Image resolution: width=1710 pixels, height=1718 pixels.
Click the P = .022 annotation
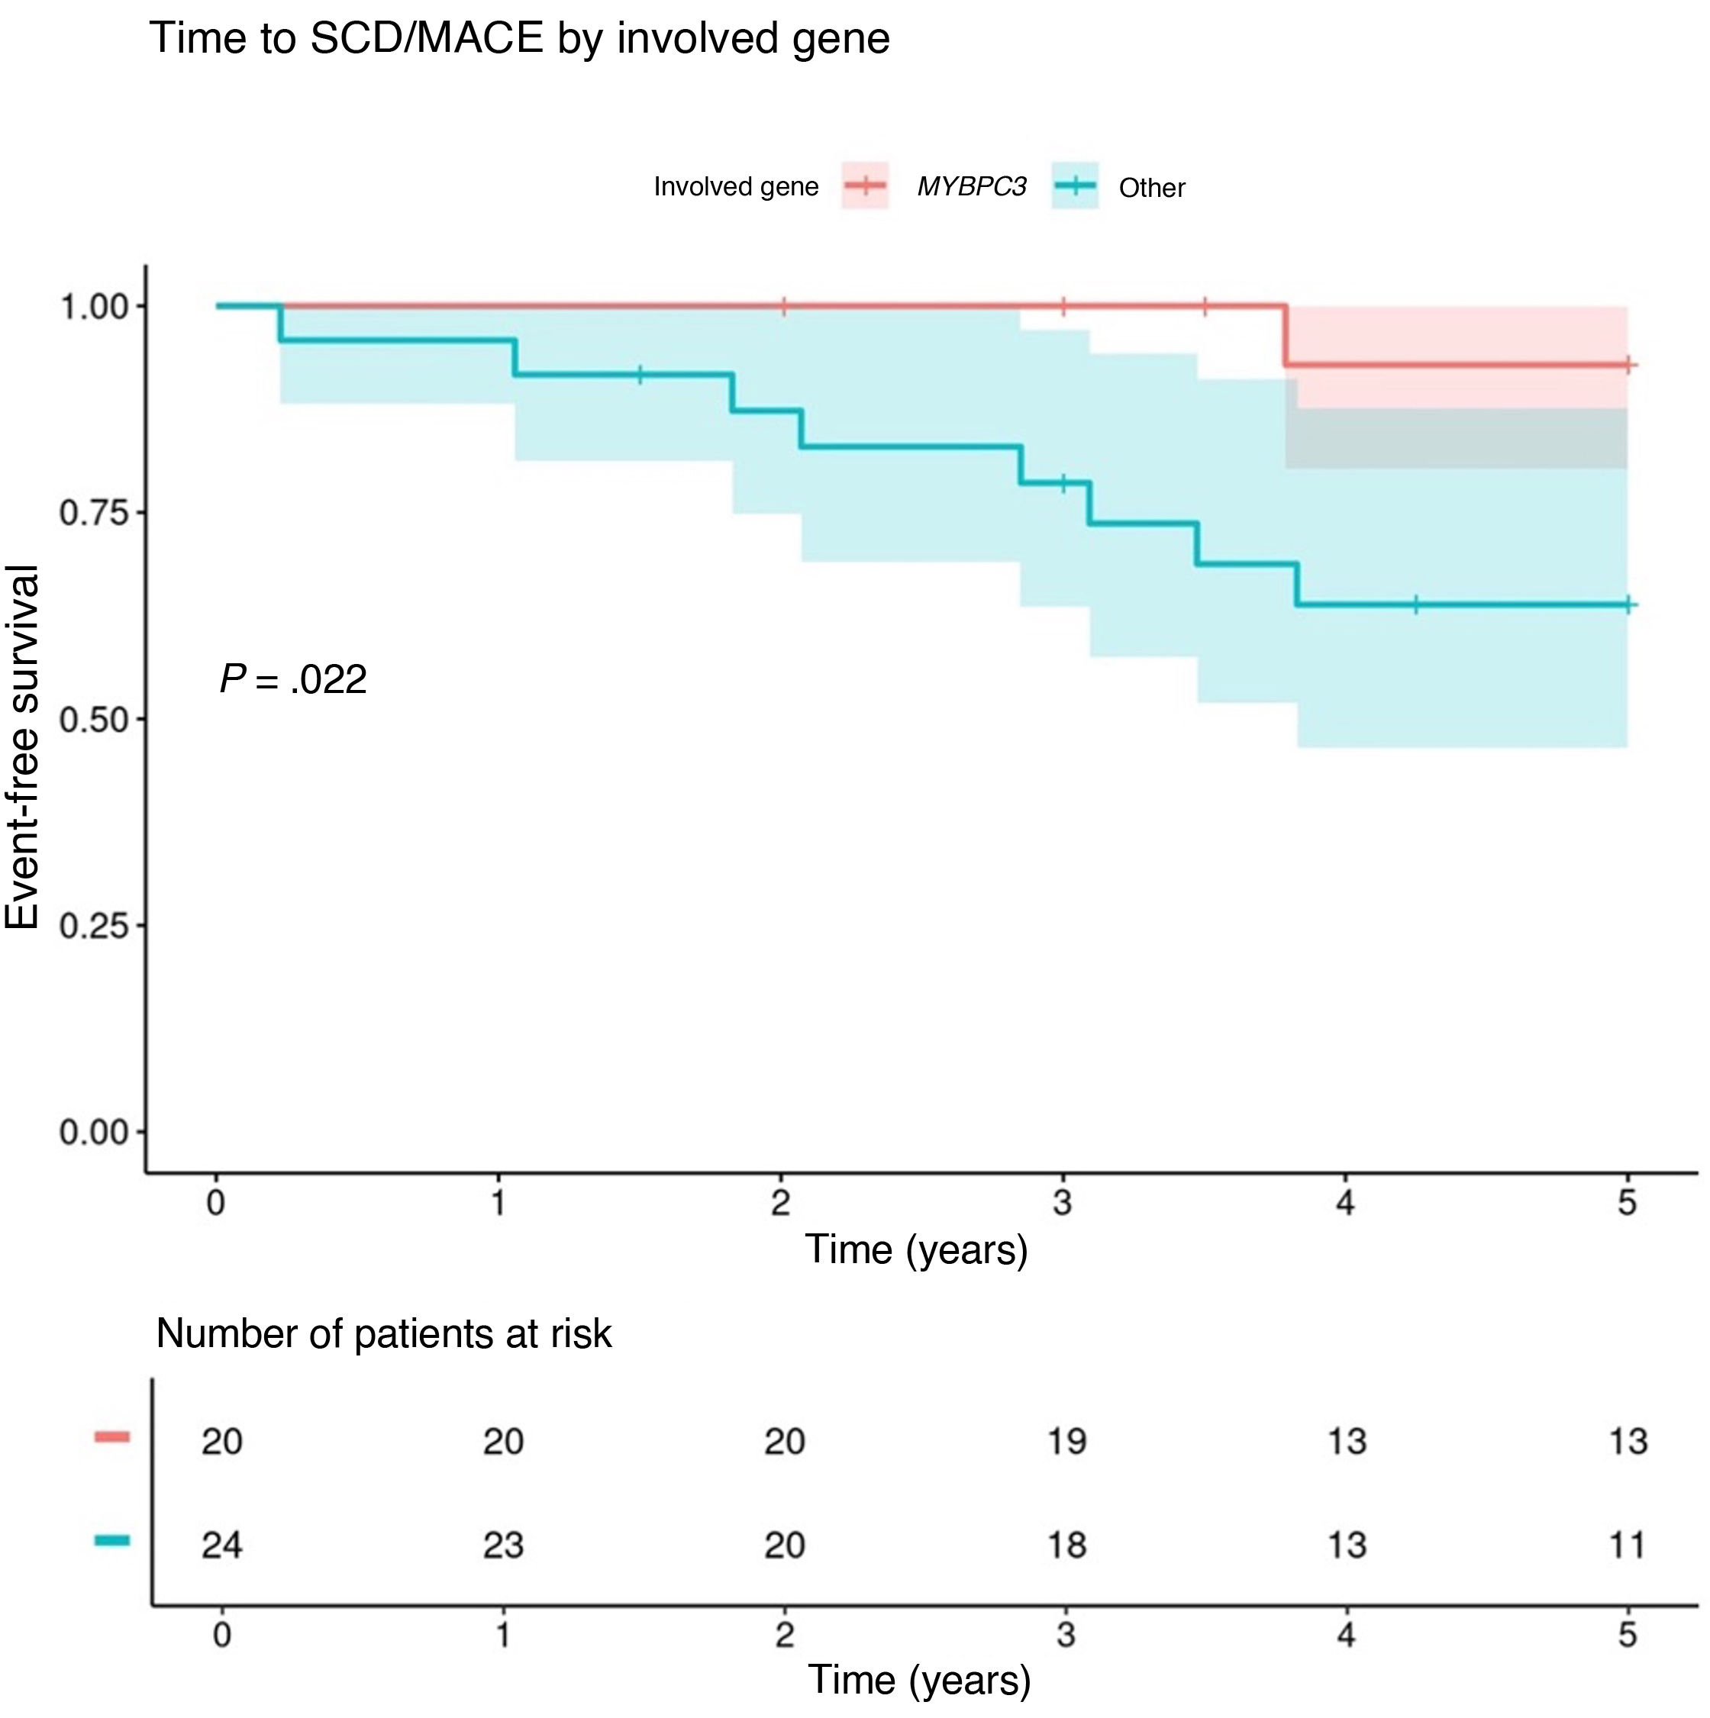[x=292, y=680]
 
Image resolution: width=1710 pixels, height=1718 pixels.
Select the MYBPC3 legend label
[x=971, y=187]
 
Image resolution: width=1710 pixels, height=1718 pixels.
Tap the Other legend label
[x=1150, y=188]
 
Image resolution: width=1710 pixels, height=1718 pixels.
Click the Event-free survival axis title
[x=23, y=747]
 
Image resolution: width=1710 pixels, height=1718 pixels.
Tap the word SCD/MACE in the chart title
[x=426, y=39]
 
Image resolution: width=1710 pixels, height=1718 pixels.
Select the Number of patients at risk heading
[x=383, y=1334]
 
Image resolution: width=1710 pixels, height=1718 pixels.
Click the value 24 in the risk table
[x=221, y=1545]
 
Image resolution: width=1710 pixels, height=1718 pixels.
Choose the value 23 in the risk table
[x=502, y=1545]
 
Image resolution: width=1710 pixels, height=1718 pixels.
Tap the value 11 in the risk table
[x=1628, y=1545]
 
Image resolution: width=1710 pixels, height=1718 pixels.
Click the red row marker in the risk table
[x=112, y=1436]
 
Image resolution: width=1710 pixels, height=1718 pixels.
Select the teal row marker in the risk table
[x=112, y=1540]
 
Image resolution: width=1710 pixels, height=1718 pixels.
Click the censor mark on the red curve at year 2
[x=783, y=307]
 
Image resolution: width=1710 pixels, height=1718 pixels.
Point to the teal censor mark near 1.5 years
[x=640, y=375]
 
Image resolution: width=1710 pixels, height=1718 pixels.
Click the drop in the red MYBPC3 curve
[x=1285, y=336]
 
